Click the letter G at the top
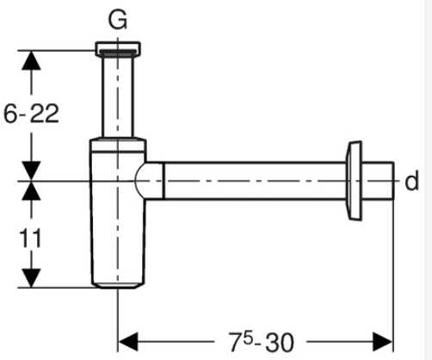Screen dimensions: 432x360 (118, 20)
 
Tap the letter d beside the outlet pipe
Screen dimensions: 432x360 (411, 181)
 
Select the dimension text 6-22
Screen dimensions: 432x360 (31, 114)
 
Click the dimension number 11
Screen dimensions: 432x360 (30, 238)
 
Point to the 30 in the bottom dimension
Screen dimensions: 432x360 (280, 342)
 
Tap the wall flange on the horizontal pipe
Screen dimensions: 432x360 (354, 181)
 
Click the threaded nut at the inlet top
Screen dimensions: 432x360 (118, 48)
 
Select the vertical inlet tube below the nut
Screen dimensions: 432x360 (118, 96)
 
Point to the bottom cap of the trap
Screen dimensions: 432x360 (118, 285)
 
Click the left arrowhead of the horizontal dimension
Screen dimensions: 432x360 (128, 342)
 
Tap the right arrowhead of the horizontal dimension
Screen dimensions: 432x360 (383, 342)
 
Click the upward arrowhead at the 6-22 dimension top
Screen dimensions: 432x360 (31, 60)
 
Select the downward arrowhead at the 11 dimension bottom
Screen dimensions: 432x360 (31, 278)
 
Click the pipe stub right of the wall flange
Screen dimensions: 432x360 (378, 181)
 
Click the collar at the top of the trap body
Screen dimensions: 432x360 (118, 145)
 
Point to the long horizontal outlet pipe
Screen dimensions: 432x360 (255, 181)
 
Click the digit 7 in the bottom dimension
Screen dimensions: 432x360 (235, 342)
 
